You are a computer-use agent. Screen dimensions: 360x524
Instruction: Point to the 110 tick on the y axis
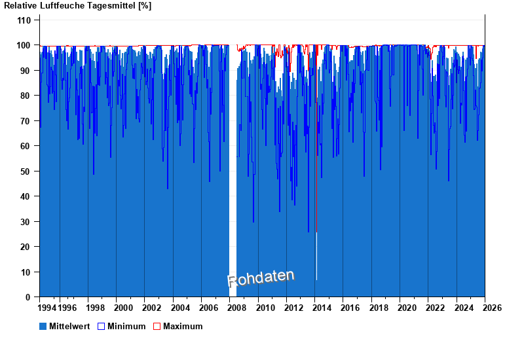[x=24, y=20]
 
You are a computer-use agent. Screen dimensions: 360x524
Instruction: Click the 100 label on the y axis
[x=24, y=45]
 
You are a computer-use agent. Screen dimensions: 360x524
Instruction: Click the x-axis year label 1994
[x=47, y=308]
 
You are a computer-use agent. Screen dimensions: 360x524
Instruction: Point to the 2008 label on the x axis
[x=237, y=308]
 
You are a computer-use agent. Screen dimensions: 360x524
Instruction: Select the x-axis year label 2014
[x=322, y=308]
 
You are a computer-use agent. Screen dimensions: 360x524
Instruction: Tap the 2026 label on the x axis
[x=493, y=308]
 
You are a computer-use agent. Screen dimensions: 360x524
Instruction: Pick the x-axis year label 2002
[x=152, y=308]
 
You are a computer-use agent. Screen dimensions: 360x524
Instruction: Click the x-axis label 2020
[x=407, y=308]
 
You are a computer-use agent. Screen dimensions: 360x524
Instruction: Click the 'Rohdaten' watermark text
[x=261, y=278]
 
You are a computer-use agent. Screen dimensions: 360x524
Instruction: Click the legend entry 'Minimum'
[x=126, y=326]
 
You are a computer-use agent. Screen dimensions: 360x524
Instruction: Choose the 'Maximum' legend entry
[x=183, y=326]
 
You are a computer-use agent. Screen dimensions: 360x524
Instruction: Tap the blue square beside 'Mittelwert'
[x=43, y=326]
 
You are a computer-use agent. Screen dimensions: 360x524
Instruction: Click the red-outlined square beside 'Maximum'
[x=157, y=326]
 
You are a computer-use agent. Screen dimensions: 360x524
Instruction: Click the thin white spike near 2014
[x=316, y=255]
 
